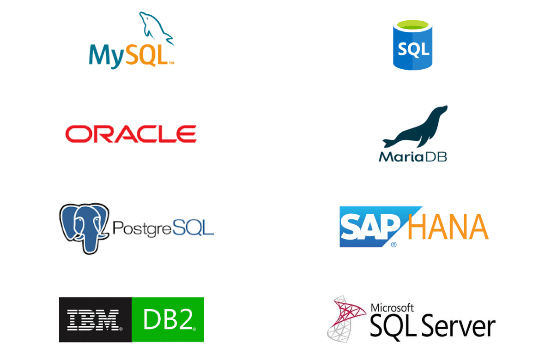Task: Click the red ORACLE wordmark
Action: pos(131,134)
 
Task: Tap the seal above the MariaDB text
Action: pos(416,127)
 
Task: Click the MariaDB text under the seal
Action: pos(413,156)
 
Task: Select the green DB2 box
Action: pos(168,319)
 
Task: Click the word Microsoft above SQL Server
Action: pos(393,307)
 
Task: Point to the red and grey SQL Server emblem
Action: pos(346,318)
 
